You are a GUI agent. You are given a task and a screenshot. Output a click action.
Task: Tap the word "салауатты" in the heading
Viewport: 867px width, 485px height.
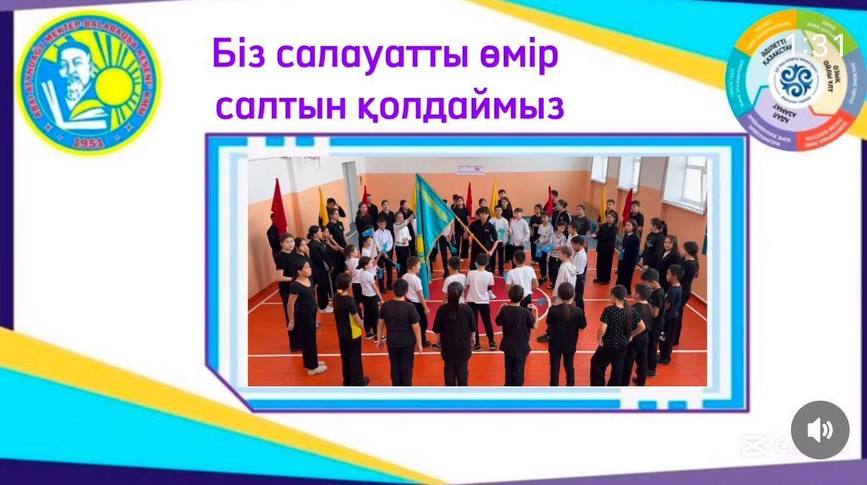pyautogui.click(x=377, y=56)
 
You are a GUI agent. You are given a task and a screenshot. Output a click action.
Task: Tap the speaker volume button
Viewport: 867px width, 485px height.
pyautogui.click(x=820, y=430)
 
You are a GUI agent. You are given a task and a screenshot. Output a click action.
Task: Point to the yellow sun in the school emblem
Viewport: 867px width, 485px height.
pyautogui.click(x=118, y=83)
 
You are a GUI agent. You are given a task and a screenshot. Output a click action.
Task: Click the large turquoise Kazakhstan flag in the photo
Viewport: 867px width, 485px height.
pyautogui.click(x=432, y=218)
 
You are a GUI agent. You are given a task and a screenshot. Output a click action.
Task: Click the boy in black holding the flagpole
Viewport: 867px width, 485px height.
pyautogui.click(x=481, y=233)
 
